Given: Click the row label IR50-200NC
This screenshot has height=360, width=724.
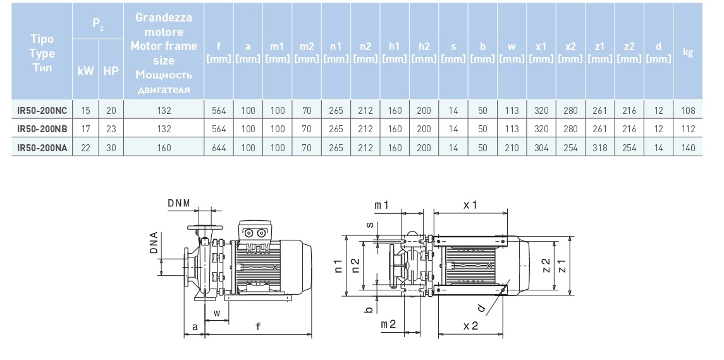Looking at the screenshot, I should (42, 110).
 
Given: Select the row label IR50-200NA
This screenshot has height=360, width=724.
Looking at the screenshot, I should (42, 148).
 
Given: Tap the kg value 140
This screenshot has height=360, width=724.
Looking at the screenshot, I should (689, 148).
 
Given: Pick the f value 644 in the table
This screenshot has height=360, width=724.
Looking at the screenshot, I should (219, 148).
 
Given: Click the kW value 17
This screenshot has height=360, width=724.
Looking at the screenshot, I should (86, 129).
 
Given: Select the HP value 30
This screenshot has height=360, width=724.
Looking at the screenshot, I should (111, 148).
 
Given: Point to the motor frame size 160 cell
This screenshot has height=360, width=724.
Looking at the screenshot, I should (164, 148).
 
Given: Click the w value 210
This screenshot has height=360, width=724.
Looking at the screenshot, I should (512, 148).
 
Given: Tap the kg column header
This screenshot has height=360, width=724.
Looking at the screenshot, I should (689, 53).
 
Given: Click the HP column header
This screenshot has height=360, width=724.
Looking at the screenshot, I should (111, 71).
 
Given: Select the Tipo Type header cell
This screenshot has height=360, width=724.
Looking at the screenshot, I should (42, 53).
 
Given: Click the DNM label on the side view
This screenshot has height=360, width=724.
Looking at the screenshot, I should (179, 203).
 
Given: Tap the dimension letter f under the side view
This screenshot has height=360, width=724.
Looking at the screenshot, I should (258, 326).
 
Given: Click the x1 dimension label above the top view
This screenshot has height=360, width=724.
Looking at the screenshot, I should (470, 205).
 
